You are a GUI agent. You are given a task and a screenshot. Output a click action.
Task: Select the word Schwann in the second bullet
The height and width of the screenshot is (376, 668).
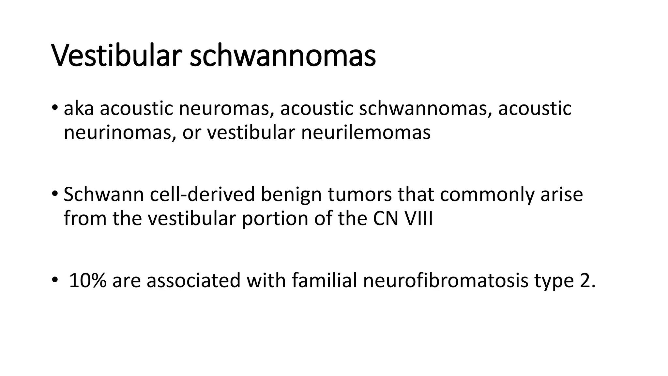(x=104, y=195)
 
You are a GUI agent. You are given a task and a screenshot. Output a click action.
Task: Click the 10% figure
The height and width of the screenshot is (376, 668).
(x=88, y=280)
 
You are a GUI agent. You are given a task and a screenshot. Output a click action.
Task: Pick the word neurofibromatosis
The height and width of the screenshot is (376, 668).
(x=445, y=280)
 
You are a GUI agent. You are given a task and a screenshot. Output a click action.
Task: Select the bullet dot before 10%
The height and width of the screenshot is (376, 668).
(x=54, y=279)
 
